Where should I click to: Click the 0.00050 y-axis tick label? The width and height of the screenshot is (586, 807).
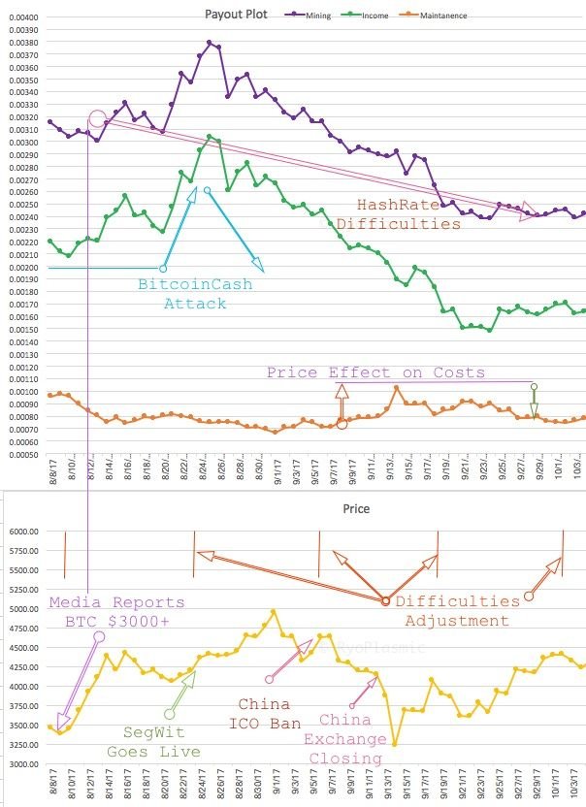(x=21, y=454)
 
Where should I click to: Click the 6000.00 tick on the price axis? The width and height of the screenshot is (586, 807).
(x=23, y=532)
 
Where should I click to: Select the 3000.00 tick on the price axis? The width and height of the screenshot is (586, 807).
(x=23, y=763)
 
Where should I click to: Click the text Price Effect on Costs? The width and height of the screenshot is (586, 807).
(x=375, y=371)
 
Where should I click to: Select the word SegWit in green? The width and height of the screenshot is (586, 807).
(x=155, y=732)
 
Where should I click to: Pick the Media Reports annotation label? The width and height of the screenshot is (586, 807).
(x=116, y=602)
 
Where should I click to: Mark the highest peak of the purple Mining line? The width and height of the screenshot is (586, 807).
(x=210, y=43)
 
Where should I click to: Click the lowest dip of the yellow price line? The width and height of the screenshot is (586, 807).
(x=394, y=743)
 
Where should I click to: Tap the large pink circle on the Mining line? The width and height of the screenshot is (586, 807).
(x=98, y=120)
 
